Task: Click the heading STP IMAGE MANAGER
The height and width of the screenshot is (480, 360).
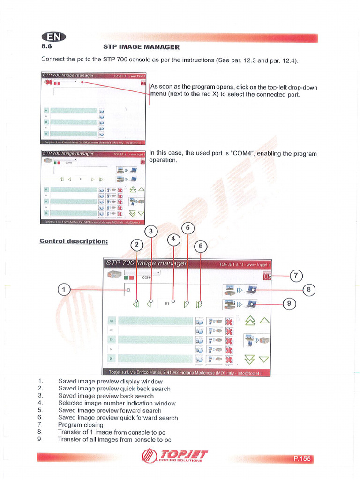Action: (x=141, y=47)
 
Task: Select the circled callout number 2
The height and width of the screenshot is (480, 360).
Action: (x=137, y=244)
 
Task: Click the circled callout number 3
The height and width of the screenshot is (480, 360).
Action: (x=151, y=231)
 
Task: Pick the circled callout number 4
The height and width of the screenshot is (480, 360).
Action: (x=173, y=239)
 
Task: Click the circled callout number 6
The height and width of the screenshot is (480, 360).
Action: (x=200, y=246)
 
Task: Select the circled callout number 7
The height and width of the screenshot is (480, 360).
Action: (x=296, y=276)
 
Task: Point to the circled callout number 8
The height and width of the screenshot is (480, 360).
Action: (x=308, y=290)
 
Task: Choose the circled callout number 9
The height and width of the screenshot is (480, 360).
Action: (x=289, y=303)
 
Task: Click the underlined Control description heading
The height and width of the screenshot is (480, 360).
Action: (x=74, y=241)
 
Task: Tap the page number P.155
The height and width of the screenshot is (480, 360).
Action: (x=302, y=458)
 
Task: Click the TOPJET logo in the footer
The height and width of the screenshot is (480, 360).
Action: (x=175, y=455)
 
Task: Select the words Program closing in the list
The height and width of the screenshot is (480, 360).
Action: (x=81, y=425)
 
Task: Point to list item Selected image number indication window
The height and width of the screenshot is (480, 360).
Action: (x=117, y=403)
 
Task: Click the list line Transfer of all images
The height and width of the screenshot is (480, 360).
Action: (x=114, y=439)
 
